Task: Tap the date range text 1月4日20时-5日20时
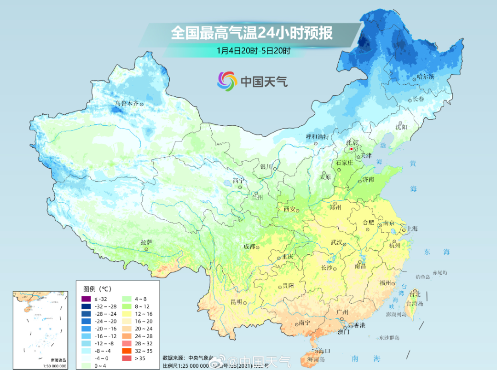coord(253,51)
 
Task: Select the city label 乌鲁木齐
coord(127,104)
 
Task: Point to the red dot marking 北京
coord(351,149)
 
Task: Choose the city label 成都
coord(249,247)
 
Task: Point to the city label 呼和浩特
coord(318,137)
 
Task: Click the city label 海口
coord(324,351)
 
